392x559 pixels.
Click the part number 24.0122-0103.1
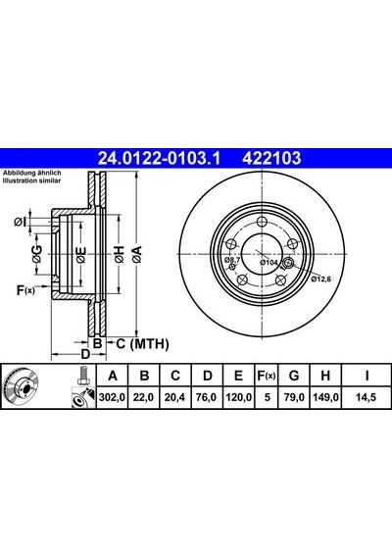tap(160, 158)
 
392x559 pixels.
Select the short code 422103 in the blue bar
tap(271, 158)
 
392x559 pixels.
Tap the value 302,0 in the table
tap(113, 397)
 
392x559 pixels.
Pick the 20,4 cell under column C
tap(175, 397)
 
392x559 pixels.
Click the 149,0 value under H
tap(325, 397)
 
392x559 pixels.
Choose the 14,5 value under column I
tap(366, 397)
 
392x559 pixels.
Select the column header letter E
tap(238, 376)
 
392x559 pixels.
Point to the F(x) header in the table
tap(267, 376)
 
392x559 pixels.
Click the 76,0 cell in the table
tap(207, 397)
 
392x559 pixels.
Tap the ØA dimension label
tap(137, 254)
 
